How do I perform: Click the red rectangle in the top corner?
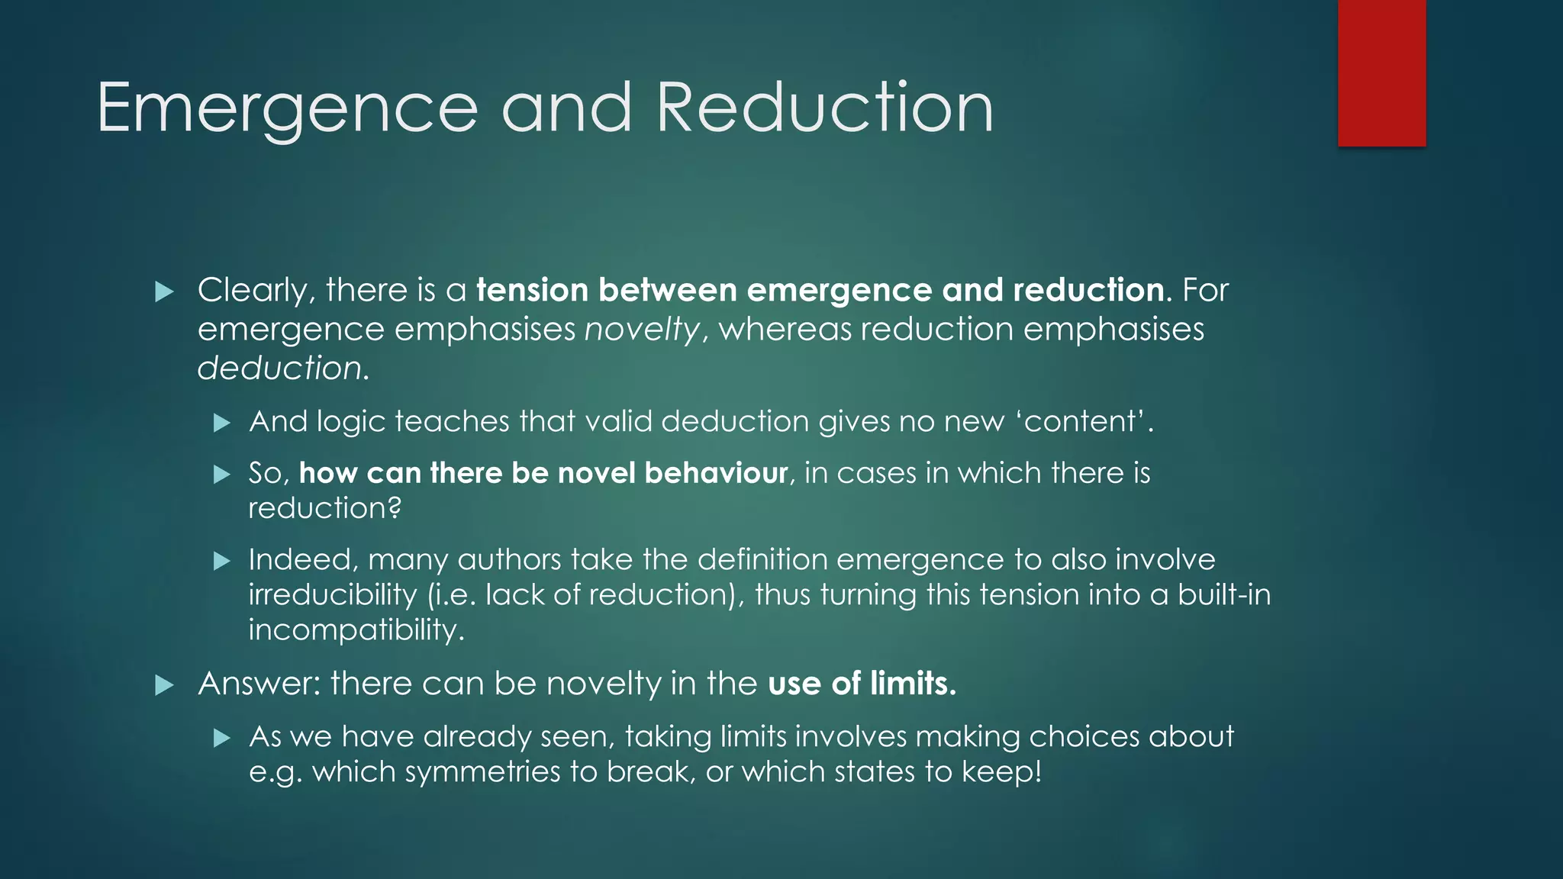coord(1381,72)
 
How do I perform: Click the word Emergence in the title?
coord(287,108)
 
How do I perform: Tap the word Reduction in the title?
coord(824,108)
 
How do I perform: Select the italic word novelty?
coord(642,330)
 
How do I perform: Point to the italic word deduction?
coord(280,369)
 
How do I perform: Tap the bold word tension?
coord(532,291)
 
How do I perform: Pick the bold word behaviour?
coord(716,473)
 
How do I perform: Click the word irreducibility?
coord(333,595)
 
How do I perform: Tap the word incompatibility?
coord(355,630)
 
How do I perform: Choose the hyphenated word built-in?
coord(1223,594)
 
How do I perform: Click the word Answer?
coord(258,684)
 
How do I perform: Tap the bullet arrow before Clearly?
coord(164,291)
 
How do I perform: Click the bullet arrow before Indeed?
coord(221,562)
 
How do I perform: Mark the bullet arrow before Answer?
coord(164,685)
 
